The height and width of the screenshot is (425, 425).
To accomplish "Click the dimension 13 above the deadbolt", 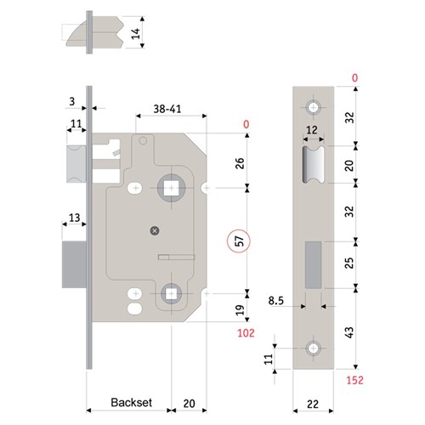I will (75, 218).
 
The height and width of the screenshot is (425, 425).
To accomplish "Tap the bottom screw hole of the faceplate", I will (314, 349).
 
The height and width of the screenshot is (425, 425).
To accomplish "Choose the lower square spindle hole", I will (171, 293).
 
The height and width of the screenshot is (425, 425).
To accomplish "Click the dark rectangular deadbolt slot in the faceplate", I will (312, 263).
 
